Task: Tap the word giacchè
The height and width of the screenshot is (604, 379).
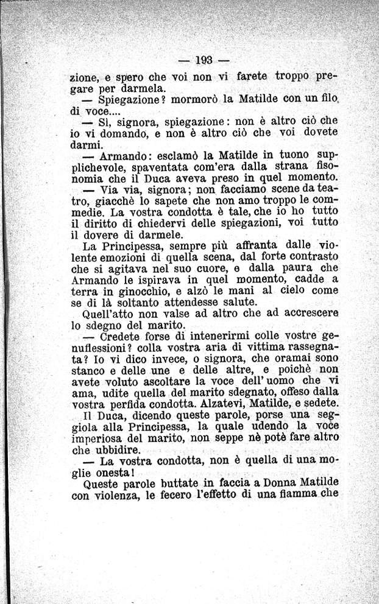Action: click(113, 201)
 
